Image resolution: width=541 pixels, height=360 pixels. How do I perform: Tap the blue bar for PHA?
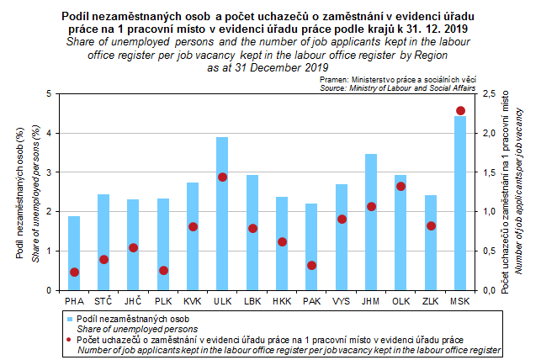tap(74, 253)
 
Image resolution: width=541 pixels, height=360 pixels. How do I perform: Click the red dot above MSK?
tap(460, 111)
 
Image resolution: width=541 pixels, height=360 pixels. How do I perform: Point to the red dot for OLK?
tap(400, 187)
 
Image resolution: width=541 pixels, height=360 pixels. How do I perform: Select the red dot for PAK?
tap(311, 265)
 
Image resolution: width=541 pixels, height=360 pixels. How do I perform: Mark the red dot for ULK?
tap(222, 177)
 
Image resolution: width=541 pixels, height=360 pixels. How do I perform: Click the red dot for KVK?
tap(193, 226)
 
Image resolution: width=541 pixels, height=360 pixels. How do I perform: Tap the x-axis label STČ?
tap(103, 299)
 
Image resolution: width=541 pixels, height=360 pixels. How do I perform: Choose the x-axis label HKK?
tap(282, 299)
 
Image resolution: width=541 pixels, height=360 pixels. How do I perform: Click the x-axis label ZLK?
tap(431, 299)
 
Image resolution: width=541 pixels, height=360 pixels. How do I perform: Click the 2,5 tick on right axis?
tap(486, 93)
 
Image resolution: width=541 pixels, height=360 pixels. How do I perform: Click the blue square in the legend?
tap(71, 320)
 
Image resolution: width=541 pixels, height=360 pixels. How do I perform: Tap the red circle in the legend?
tap(71, 339)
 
